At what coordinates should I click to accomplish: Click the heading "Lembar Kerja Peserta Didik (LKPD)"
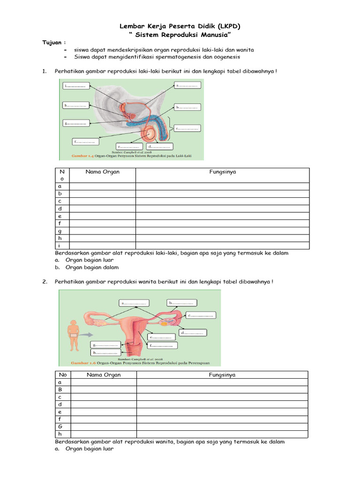click(180, 27)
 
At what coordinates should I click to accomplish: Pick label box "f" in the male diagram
click(85, 141)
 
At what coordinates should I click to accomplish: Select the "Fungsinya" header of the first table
click(222, 172)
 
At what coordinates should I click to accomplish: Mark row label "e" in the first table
click(60, 216)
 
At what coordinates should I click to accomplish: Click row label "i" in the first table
click(60, 246)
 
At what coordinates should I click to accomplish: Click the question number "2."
click(45, 282)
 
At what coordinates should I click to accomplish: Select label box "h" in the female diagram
click(105, 352)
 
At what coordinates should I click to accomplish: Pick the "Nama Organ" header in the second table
click(103, 375)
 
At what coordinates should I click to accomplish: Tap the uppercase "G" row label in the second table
click(60, 427)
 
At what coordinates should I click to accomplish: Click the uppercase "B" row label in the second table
click(60, 389)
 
